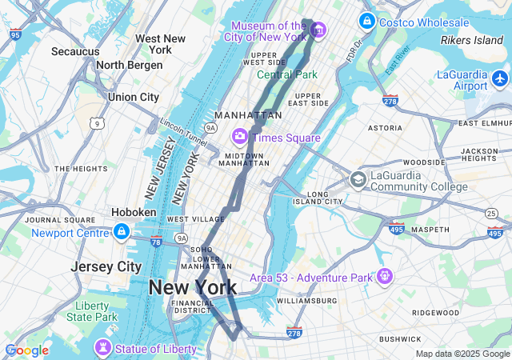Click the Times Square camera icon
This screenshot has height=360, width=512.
point(239,137)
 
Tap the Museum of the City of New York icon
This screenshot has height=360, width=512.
point(318,30)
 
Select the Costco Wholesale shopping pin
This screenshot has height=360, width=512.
point(366,20)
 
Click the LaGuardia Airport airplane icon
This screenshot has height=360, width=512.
point(500,78)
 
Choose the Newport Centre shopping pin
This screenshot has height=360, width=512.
point(121,233)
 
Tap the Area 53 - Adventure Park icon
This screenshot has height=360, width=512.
point(386,277)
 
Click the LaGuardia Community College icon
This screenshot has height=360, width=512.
point(358,179)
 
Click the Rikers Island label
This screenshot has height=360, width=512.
point(472,40)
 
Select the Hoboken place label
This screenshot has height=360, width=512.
point(134,212)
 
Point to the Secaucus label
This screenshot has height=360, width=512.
point(75,51)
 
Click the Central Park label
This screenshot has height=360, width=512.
point(287,74)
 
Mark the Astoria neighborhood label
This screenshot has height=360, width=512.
point(385,128)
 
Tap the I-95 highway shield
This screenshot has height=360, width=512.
point(16,34)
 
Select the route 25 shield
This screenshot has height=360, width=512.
point(490,212)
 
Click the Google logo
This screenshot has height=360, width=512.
point(26,350)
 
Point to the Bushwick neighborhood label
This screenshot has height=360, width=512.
point(400,339)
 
